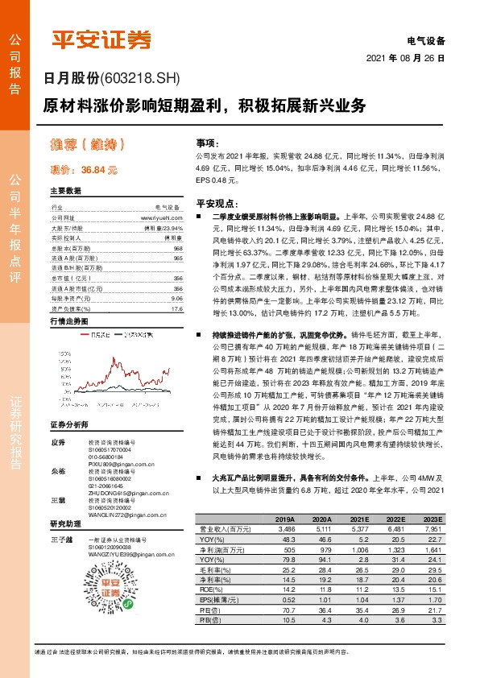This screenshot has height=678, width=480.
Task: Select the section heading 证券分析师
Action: point(71,424)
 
